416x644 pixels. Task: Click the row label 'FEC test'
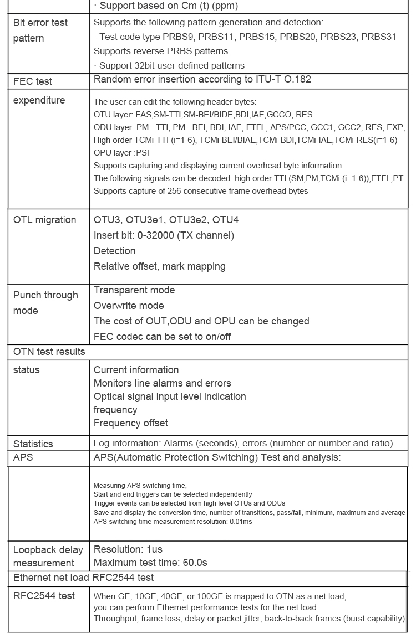coord(33,81)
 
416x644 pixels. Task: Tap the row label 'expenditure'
coord(39,100)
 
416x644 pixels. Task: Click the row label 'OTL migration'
coord(45,220)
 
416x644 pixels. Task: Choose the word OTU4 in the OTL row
coord(225,220)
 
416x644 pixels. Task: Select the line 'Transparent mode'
coord(134,290)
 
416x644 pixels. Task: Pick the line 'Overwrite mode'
coord(129,306)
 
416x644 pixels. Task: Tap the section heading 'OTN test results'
coord(49,352)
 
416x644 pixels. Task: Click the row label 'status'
coord(27,370)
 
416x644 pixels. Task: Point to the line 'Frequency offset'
coord(131,423)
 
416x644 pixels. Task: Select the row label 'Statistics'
coord(33,444)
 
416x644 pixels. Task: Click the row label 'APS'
coord(23,457)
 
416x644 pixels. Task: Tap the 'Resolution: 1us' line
coord(128,549)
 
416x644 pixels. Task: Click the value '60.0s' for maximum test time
coord(195,563)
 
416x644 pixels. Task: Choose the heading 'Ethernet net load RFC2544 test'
coord(84,578)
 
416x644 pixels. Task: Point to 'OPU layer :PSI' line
coord(121,152)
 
